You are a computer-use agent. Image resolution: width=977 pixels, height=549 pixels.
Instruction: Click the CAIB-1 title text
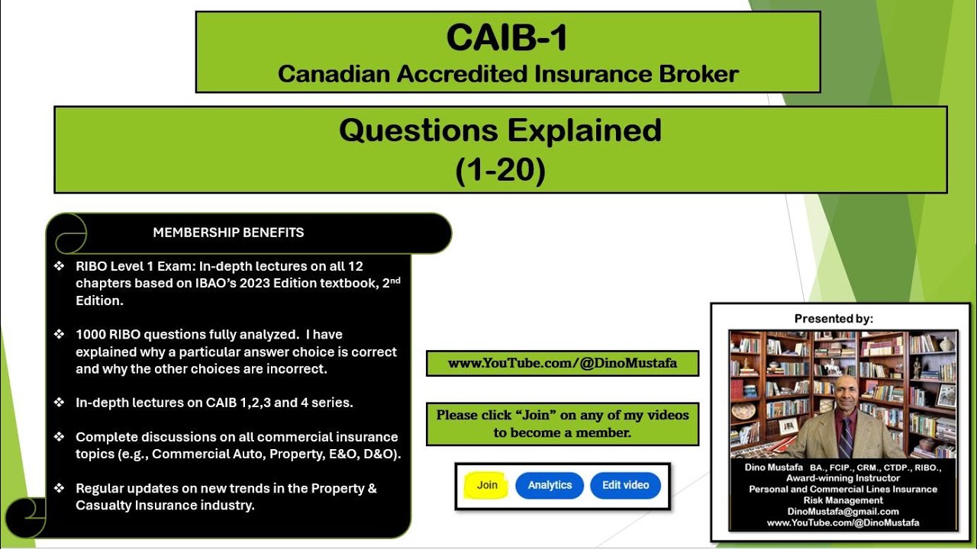tap(507, 38)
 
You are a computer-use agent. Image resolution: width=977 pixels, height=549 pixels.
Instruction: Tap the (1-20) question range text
tap(500, 170)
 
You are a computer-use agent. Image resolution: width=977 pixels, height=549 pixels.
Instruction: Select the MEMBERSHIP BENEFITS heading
tap(228, 233)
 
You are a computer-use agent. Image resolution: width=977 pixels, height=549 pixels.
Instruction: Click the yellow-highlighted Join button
tap(487, 485)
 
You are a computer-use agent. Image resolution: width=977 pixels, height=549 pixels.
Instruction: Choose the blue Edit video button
tap(625, 485)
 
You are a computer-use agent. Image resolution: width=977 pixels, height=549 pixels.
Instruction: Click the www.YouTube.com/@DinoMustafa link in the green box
tap(562, 364)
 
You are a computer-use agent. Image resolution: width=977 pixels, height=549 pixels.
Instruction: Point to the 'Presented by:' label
tap(834, 319)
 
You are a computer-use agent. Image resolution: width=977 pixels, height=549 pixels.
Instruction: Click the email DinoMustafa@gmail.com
tap(843, 512)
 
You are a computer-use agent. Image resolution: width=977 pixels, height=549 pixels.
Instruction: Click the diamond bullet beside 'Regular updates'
tap(59, 489)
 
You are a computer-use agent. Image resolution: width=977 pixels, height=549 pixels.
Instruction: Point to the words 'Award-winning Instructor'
tap(843, 478)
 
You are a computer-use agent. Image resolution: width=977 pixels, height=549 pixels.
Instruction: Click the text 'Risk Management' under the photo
tap(843, 500)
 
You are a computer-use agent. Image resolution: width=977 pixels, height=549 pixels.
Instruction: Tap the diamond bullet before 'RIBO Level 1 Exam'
tap(59, 266)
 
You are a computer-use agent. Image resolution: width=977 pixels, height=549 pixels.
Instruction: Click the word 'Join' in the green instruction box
tap(536, 416)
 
